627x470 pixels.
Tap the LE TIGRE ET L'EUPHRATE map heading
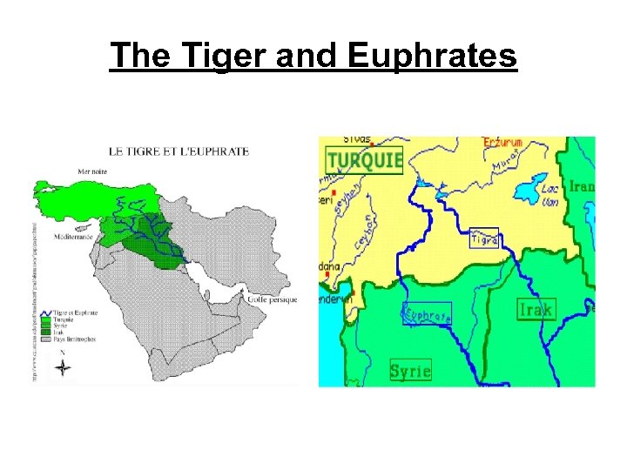[179, 151]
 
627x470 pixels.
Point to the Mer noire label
[95, 171]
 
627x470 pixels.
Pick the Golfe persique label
[272, 299]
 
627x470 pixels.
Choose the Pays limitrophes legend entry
[76, 339]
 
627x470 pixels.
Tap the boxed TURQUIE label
[364, 159]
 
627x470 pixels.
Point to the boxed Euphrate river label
[427, 313]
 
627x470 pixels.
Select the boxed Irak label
[536, 309]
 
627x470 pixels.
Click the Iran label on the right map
[582, 186]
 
